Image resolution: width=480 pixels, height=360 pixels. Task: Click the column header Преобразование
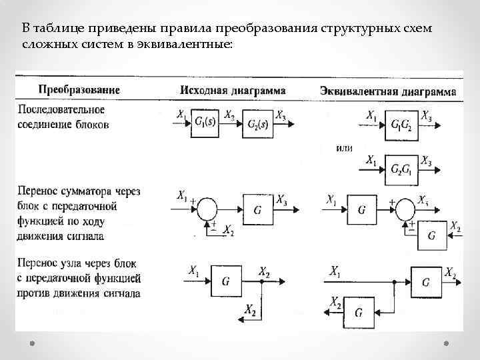(79, 89)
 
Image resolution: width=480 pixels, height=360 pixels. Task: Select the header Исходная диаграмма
(233, 90)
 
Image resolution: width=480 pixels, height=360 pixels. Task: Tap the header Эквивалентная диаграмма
(388, 91)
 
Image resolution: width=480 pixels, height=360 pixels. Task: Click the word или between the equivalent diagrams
(344, 147)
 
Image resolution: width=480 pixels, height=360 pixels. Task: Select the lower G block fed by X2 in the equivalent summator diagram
(432, 235)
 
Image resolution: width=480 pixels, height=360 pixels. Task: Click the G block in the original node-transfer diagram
(226, 282)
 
